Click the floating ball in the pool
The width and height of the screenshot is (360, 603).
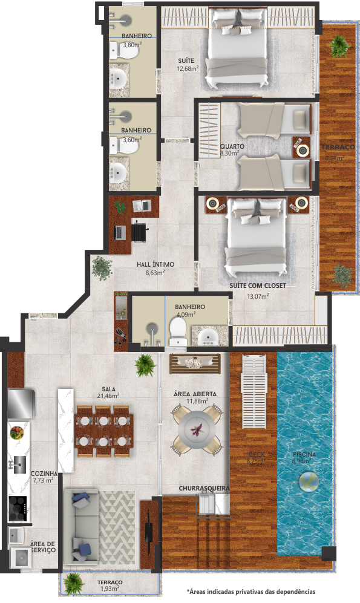coord(309,481)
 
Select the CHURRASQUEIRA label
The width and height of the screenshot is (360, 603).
coord(203,487)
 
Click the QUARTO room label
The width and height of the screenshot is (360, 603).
coord(232,146)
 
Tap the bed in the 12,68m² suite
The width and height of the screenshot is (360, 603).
coord(237,51)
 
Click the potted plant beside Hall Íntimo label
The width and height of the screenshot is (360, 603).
coord(102,267)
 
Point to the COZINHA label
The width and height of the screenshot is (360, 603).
coord(44,474)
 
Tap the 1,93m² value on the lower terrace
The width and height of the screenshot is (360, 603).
coord(110,588)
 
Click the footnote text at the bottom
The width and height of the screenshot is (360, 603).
coord(251,591)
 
